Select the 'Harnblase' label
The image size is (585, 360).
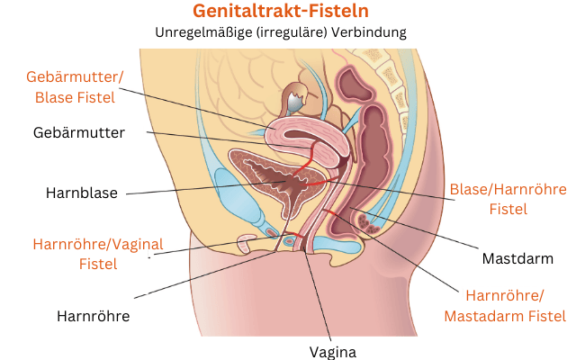tap(82, 193)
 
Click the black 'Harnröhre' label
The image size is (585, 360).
tap(94, 316)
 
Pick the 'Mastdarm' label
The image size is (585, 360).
tap(517, 259)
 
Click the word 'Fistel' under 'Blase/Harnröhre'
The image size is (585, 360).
tap(508, 210)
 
